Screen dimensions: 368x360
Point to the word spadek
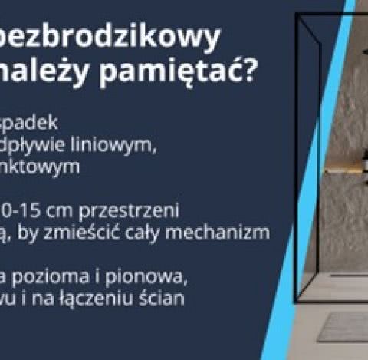click(28, 124)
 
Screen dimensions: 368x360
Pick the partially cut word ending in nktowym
click(40, 167)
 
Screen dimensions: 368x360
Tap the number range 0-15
click(21, 211)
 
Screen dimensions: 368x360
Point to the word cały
click(179, 233)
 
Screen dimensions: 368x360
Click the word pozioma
click(51, 277)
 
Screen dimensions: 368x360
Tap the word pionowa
click(146, 277)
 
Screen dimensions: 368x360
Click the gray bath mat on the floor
click(343, 327)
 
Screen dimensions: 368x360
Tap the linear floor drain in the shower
click(348, 276)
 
